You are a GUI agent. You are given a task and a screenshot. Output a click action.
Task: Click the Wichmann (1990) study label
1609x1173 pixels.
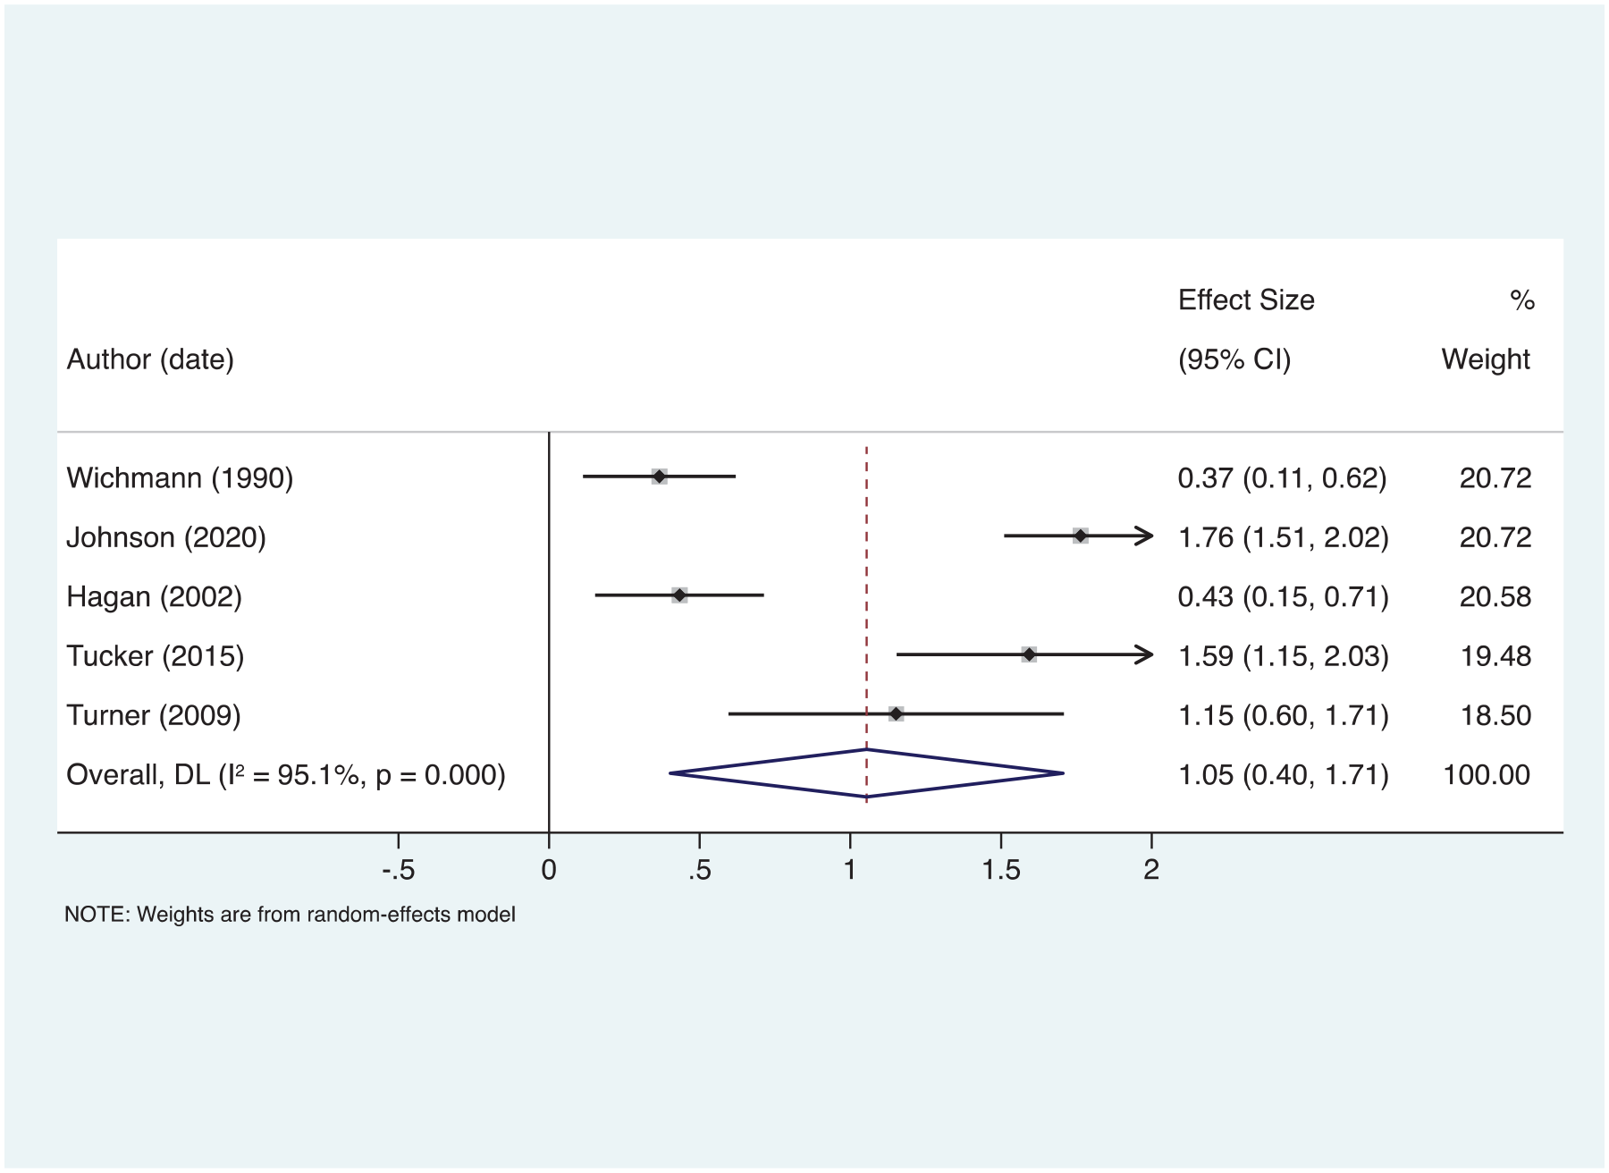180,478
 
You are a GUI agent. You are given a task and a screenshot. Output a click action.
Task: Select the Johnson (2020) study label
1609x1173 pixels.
166,537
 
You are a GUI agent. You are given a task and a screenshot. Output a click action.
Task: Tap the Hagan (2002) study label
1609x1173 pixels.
154,596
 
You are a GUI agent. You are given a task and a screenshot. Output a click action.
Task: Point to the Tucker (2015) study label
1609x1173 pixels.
156,656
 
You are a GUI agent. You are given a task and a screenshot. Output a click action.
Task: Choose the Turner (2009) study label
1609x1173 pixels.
154,715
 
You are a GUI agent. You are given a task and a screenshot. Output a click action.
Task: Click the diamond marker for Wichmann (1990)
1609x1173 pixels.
660,477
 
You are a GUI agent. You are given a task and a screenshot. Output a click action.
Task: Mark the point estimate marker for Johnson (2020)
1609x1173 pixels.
1081,536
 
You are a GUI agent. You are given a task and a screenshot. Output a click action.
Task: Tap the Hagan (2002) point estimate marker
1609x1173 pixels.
679,595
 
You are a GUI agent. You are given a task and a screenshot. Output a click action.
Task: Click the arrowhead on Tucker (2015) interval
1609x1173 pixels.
1144,655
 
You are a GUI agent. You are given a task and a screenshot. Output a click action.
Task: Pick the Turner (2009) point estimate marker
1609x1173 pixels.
896,713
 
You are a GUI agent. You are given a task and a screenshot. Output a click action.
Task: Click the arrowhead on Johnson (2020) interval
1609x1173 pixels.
1144,536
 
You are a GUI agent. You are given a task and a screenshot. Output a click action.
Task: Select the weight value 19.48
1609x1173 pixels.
1495,656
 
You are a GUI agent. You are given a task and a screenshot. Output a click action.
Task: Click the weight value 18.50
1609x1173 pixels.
1495,715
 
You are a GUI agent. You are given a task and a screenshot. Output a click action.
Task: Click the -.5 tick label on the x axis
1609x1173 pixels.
399,869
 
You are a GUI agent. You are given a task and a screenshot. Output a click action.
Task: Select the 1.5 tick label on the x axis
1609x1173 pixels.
1000,869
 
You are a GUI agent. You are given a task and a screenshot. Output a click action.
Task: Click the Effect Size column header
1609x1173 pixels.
1246,300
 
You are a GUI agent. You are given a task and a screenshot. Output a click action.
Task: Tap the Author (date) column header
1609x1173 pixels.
150,359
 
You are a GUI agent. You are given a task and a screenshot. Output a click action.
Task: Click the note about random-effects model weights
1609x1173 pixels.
290,915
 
